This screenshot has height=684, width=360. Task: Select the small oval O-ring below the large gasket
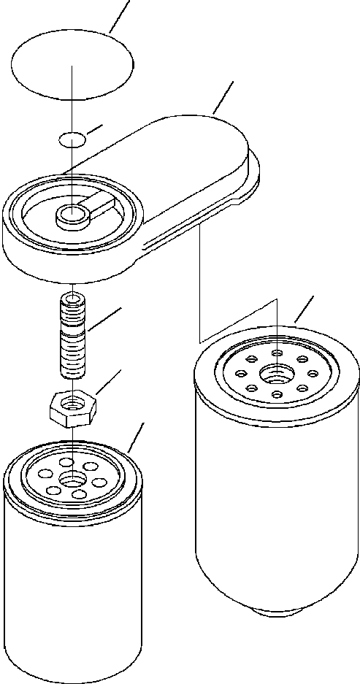[x=71, y=139]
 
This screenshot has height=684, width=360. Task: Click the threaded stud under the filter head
[x=73, y=336]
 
